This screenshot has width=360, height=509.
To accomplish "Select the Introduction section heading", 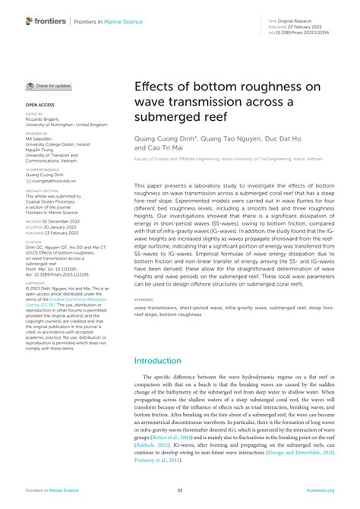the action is click(x=163, y=361).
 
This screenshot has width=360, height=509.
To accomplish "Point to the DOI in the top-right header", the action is click(x=312, y=33).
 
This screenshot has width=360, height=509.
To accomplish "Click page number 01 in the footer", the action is click(x=180, y=490).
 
